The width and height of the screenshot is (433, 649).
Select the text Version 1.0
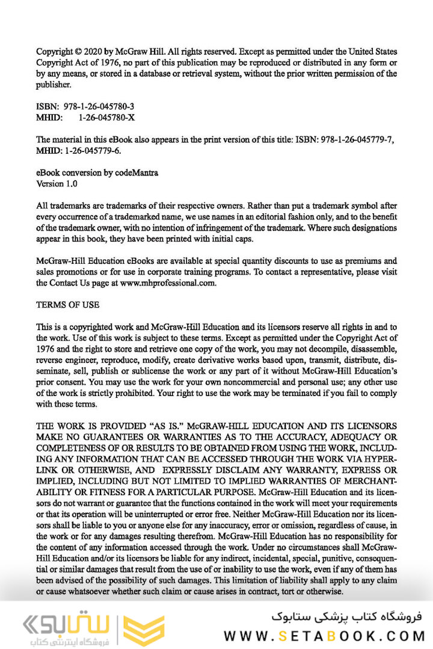pyautogui.click(x=57, y=183)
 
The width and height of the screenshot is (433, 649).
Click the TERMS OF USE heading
pyautogui.click(x=67, y=305)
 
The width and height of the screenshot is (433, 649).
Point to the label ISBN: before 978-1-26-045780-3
pyautogui.click(x=46, y=106)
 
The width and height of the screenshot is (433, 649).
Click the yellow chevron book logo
pyautogui.click(x=144, y=630)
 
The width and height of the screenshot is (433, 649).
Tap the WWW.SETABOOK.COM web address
pyautogui.click(x=324, y=636)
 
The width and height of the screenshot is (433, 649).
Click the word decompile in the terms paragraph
pyautogui.click(x=319, y=349)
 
